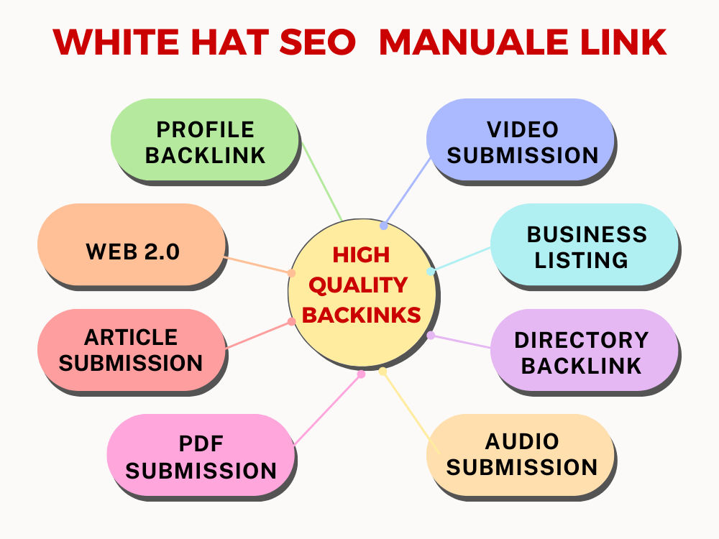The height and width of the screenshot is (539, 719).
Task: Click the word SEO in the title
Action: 317,42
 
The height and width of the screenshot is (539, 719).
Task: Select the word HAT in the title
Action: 230,42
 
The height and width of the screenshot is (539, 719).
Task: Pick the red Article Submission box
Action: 132,350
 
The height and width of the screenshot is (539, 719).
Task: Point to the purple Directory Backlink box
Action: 585,350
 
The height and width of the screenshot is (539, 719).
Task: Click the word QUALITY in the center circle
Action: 358,286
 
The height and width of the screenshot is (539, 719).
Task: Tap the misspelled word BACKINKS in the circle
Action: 362,315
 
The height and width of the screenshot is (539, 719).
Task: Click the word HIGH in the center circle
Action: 361,255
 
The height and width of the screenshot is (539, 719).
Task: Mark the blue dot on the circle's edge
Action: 384,226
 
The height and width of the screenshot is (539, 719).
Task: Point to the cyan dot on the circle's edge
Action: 431,271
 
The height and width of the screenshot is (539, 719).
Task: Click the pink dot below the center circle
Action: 362,374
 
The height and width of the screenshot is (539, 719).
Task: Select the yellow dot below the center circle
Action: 383,372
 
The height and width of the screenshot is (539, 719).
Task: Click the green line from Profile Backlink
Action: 321,182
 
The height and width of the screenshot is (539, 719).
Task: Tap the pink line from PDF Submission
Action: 327,410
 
